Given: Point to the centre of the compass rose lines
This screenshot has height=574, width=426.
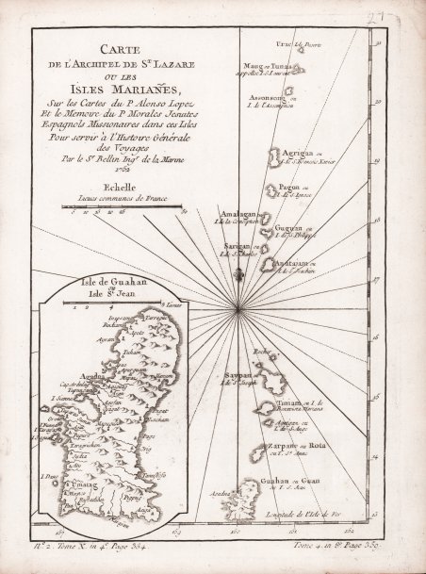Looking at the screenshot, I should pos(241,307).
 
